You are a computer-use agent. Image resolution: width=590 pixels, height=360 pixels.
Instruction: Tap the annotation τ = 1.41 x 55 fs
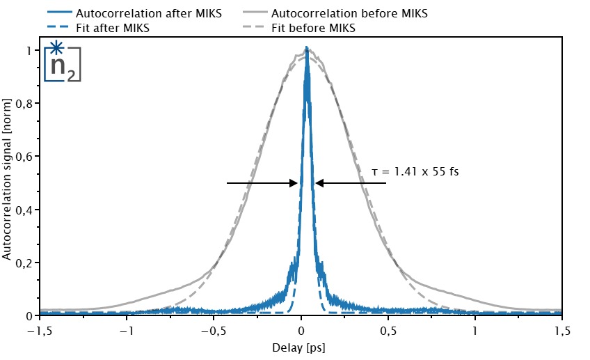point(415,171)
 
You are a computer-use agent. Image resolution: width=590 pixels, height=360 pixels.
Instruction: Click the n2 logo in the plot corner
point(62,63)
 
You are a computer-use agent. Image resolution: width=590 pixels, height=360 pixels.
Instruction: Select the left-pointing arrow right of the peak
point(351,183)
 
